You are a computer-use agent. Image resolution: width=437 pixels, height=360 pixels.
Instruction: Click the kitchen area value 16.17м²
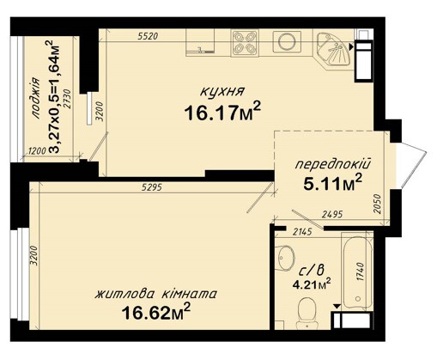pyautogui.click(x=222, y=112)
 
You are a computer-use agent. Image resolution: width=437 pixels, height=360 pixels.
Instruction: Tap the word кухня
pyautogui.click(x=222, y=92)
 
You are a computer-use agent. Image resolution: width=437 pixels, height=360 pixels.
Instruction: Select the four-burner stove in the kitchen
pyautogui.click(x=244, y=43)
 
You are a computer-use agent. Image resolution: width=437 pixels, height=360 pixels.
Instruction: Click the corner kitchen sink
pyautogui.click(x=333, y=51)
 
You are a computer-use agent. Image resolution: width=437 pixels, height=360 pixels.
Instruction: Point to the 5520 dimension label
pyautogui.click(x=148, y=36)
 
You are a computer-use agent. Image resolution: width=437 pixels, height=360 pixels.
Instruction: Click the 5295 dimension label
pyautogui.click(x=152, y=187)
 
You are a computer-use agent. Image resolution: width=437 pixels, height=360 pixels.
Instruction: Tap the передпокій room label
pyautogui.click(x=333, y=165)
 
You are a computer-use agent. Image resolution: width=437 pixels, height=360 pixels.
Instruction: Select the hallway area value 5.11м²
pyautogui.click(x=333, y=184)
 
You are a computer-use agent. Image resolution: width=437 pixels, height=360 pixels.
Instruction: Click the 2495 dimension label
pyautogui.click(x=332, y=214)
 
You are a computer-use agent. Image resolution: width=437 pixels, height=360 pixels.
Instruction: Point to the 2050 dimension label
pyautogui.click(x=378, y=204)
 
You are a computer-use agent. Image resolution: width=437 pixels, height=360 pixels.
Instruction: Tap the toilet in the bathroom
pyautogui.click(x=307, y=313)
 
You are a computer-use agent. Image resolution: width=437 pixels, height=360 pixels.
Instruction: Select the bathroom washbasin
pyautogui.click(x=286, y=258)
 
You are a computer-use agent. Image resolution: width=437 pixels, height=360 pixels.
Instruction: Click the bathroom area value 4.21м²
pyautogui.click(x=312, y=284)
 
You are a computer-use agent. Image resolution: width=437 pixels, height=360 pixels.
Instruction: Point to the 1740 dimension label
pyautogui.click(x=361, y=272)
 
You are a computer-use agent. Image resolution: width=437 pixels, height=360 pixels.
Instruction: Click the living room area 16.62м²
pyautogui.click(x=156, y=312)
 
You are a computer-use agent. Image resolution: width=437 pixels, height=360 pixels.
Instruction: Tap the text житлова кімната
pyautogui.click(x=155, y=294)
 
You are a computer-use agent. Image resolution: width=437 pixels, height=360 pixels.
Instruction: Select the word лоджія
pyautogui.click(x=36, y=98)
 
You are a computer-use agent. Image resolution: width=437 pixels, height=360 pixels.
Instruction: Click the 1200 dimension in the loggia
pyautogui.click(x=38, y=150)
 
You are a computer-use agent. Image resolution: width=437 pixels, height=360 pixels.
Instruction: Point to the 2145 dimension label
pyautogui.click(x=302, y=232)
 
